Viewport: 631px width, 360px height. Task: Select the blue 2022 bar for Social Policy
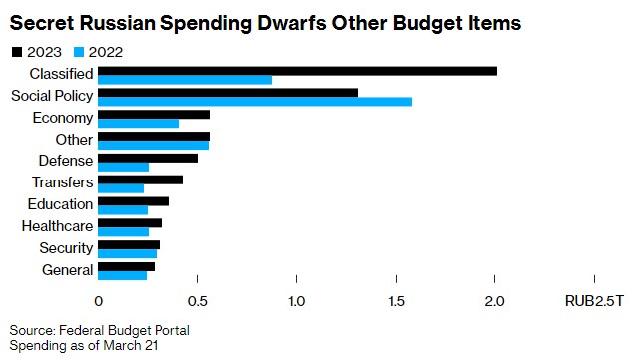(254, 101)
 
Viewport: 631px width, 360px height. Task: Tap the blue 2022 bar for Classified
(184, 79)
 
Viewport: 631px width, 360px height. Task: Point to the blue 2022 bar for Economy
(139, 123)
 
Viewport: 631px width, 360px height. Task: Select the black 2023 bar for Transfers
(141, 180)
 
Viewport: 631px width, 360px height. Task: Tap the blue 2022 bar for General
(122, 275)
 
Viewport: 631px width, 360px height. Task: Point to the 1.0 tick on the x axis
(297, 300)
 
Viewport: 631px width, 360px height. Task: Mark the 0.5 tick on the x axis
(197, 300)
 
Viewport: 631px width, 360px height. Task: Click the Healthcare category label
(58, 226)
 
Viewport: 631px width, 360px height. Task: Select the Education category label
(61, 204)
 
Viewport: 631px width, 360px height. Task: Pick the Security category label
(66, 248)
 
